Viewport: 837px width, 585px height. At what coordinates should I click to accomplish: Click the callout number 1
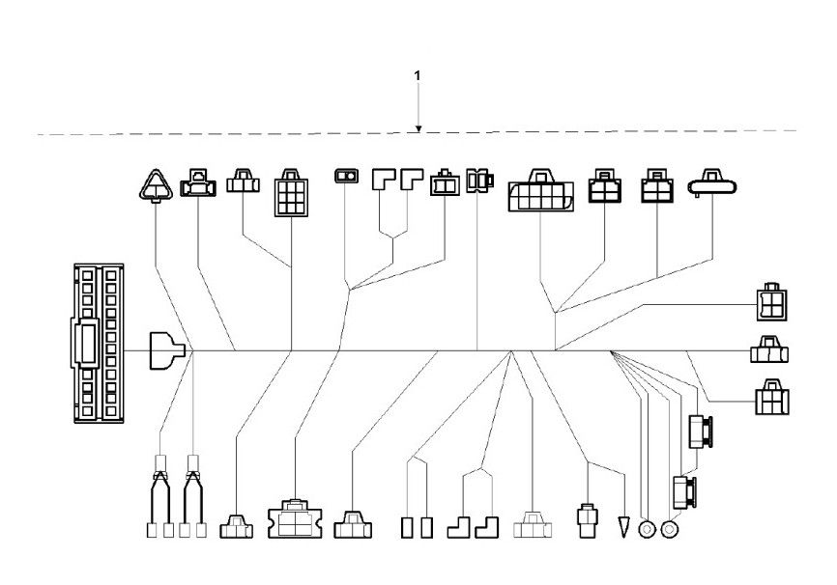pyautogui.click(x=417, y=74)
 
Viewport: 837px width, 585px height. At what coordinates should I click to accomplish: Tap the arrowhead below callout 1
pyautogui.click(x=418, y=127)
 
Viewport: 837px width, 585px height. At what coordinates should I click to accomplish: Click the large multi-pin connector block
pyautogui.click(x=98, y=344)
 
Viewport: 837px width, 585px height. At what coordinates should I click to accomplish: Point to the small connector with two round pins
pyautogui.click(x=345, y=176)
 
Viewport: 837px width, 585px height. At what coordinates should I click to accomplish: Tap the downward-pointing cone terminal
pyautogui.click(x=624, y=527)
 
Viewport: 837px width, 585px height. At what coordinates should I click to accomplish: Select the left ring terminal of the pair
pyautogui.click(x=648, y=529)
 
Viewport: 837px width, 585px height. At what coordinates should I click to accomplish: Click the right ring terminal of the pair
pyautogui.click(x=668, y=529)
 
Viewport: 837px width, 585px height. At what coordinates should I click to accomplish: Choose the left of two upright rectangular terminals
pyautogui.click(x=407, y=527)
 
